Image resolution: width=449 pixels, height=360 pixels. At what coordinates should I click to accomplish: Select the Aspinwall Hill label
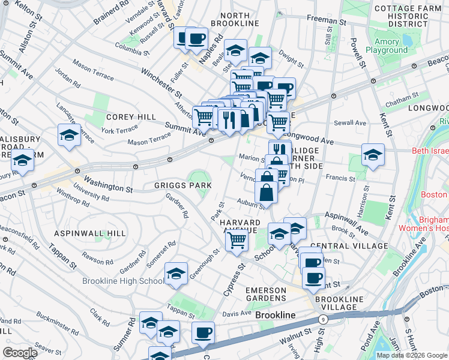90,233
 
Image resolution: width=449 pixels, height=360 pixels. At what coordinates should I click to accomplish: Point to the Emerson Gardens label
266,294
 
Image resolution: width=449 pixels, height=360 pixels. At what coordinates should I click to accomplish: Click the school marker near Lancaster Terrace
70,135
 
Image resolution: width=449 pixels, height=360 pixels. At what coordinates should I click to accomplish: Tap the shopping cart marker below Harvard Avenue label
237,239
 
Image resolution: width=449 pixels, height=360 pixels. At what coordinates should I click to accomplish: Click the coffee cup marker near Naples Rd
196,39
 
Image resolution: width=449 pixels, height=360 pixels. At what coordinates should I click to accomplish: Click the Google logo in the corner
20,353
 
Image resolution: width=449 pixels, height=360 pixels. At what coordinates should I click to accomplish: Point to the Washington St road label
108,184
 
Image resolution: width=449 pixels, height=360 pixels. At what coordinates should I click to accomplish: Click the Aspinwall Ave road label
346,223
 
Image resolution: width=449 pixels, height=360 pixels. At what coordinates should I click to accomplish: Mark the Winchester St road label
161,82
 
